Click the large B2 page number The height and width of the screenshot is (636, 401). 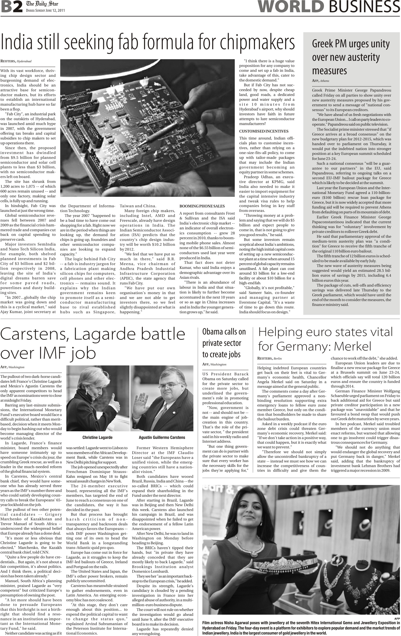pos(12,7)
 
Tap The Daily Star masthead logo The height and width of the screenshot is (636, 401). pos(42,4)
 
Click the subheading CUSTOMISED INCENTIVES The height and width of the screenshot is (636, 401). pos(264,131)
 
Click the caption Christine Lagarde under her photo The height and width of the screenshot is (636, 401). pos(97,437)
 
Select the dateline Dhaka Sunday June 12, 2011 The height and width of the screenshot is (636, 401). pos(45,11)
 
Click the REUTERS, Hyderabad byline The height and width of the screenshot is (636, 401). pos(16,61)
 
